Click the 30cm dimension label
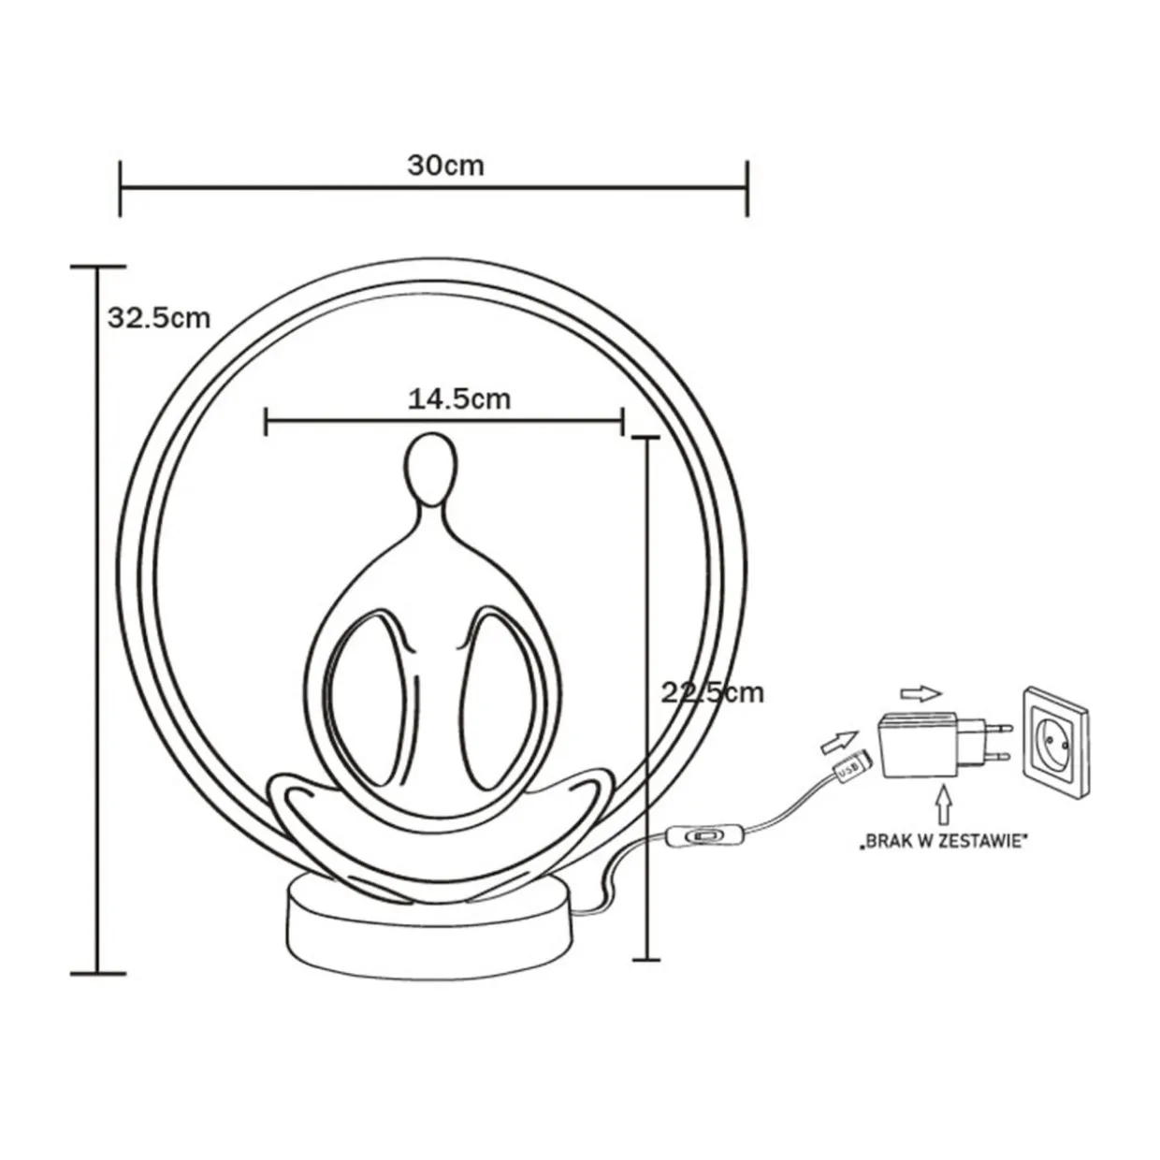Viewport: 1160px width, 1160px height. pos(445,166)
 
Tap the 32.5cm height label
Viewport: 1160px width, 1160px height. pos(159,318)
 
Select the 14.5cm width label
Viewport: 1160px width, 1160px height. pos(459,399)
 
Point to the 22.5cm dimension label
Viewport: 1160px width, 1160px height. pos(713,693)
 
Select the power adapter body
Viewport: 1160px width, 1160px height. pos(918,745)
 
